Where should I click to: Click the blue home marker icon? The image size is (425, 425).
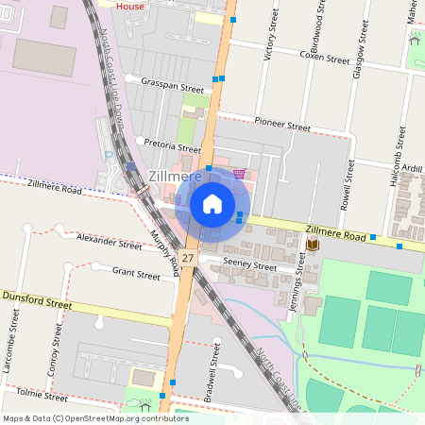click(x=212, y=203)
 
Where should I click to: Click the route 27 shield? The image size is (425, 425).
click(x=189, y=258)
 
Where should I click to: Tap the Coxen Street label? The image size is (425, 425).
click(x=325, y=57)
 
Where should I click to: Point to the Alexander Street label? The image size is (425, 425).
click(x=109, y=242)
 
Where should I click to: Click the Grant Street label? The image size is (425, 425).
click(x=136, y=275)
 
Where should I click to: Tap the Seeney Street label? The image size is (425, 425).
click(x=250, y=264)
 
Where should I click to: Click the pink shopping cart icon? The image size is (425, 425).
click(x=239, y=174)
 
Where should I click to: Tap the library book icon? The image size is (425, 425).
click(x=312, y=246)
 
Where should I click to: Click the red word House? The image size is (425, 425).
click(x=129, y=5)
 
